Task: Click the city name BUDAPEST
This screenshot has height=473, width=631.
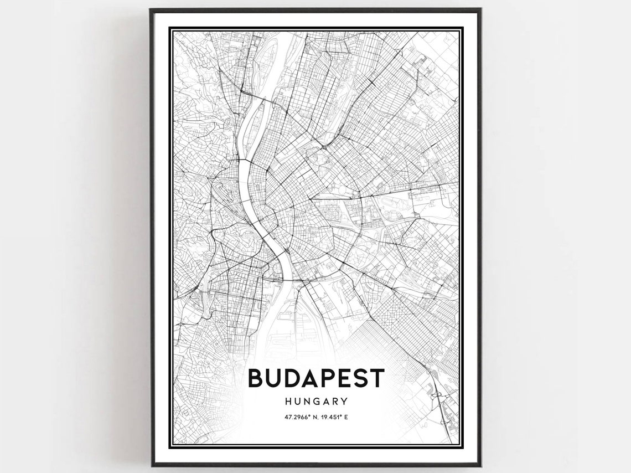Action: click(x=316, y=378)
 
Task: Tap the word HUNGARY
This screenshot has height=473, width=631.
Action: click(x=316, y=401)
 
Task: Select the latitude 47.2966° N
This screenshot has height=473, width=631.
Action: click(x=299, y=418)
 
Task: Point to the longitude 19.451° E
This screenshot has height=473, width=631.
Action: click(x=333, y=418)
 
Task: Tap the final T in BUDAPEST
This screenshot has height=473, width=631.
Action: click(x=377, y=378)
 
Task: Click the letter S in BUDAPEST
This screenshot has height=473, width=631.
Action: click(x=360, y=378)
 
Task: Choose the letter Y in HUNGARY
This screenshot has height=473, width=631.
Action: click(x=344, y=401)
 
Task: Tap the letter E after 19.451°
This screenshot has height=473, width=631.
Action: click(x=346, y=418)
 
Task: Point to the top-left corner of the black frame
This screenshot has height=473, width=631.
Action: click(x=151, y=9)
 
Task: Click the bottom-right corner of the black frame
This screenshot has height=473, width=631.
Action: click(x=480, y=465)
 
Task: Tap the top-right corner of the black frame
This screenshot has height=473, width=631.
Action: click(x=480, y=9)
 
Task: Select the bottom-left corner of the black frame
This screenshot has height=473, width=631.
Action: click(x=151, y=465)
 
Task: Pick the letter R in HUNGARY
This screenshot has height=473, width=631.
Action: click(x=334, y=401)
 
